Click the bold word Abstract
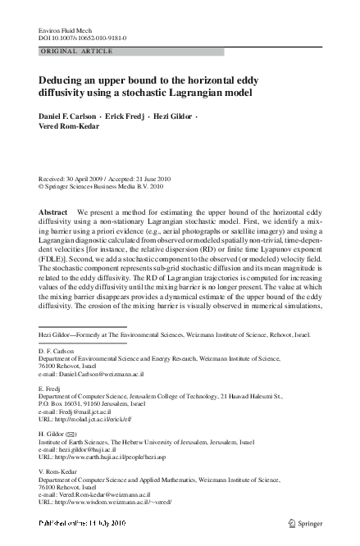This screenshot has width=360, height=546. point(54,212)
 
